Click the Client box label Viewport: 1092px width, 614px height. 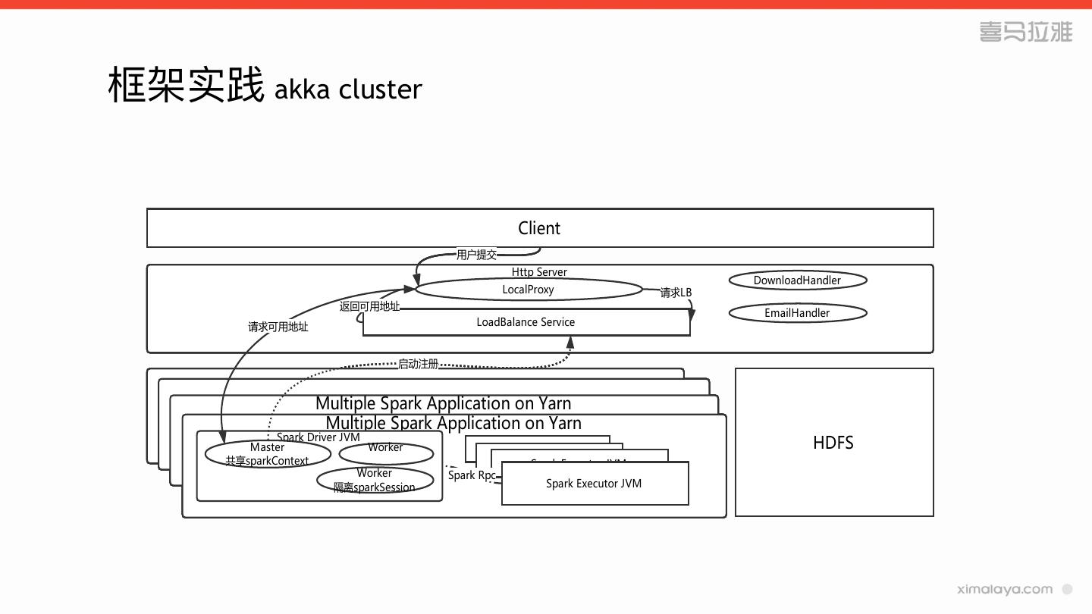click(x=539, y=228)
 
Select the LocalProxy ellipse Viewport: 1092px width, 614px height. click(x=529, y=290)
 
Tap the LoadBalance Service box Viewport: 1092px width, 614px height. click(x=526, y=322)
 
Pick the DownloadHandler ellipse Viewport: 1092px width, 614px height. click(x=797, y=280)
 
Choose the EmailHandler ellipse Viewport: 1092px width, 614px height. click(x=797, y=313)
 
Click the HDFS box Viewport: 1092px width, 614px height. click(x=833, y=443)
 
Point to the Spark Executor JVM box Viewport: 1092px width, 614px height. click(x=594, y=484)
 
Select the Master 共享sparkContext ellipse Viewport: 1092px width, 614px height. click(x=268, y=454)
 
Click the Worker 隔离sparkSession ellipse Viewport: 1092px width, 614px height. click(x=375, y=481)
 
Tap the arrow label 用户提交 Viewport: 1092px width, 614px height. click(x=476, y=255)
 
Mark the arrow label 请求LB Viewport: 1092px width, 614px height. click(x=676, y=293)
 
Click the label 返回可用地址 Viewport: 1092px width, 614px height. click(x=369, y=306)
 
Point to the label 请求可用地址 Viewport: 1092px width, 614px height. click(x=278, y=327)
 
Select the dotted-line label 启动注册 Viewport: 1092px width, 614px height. click(x=419, y=364)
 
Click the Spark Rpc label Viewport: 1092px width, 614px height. click(x=472, y=475)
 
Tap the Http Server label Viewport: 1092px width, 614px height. click(x=539, y=272)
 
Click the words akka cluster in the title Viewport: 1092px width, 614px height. click(x=348, y=89)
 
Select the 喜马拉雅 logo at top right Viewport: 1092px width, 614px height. click(x=1025, y=32)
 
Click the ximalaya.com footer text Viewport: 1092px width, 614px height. click(x=1005, y=589)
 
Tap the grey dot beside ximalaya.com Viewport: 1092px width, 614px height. click(x=1067, y=589)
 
